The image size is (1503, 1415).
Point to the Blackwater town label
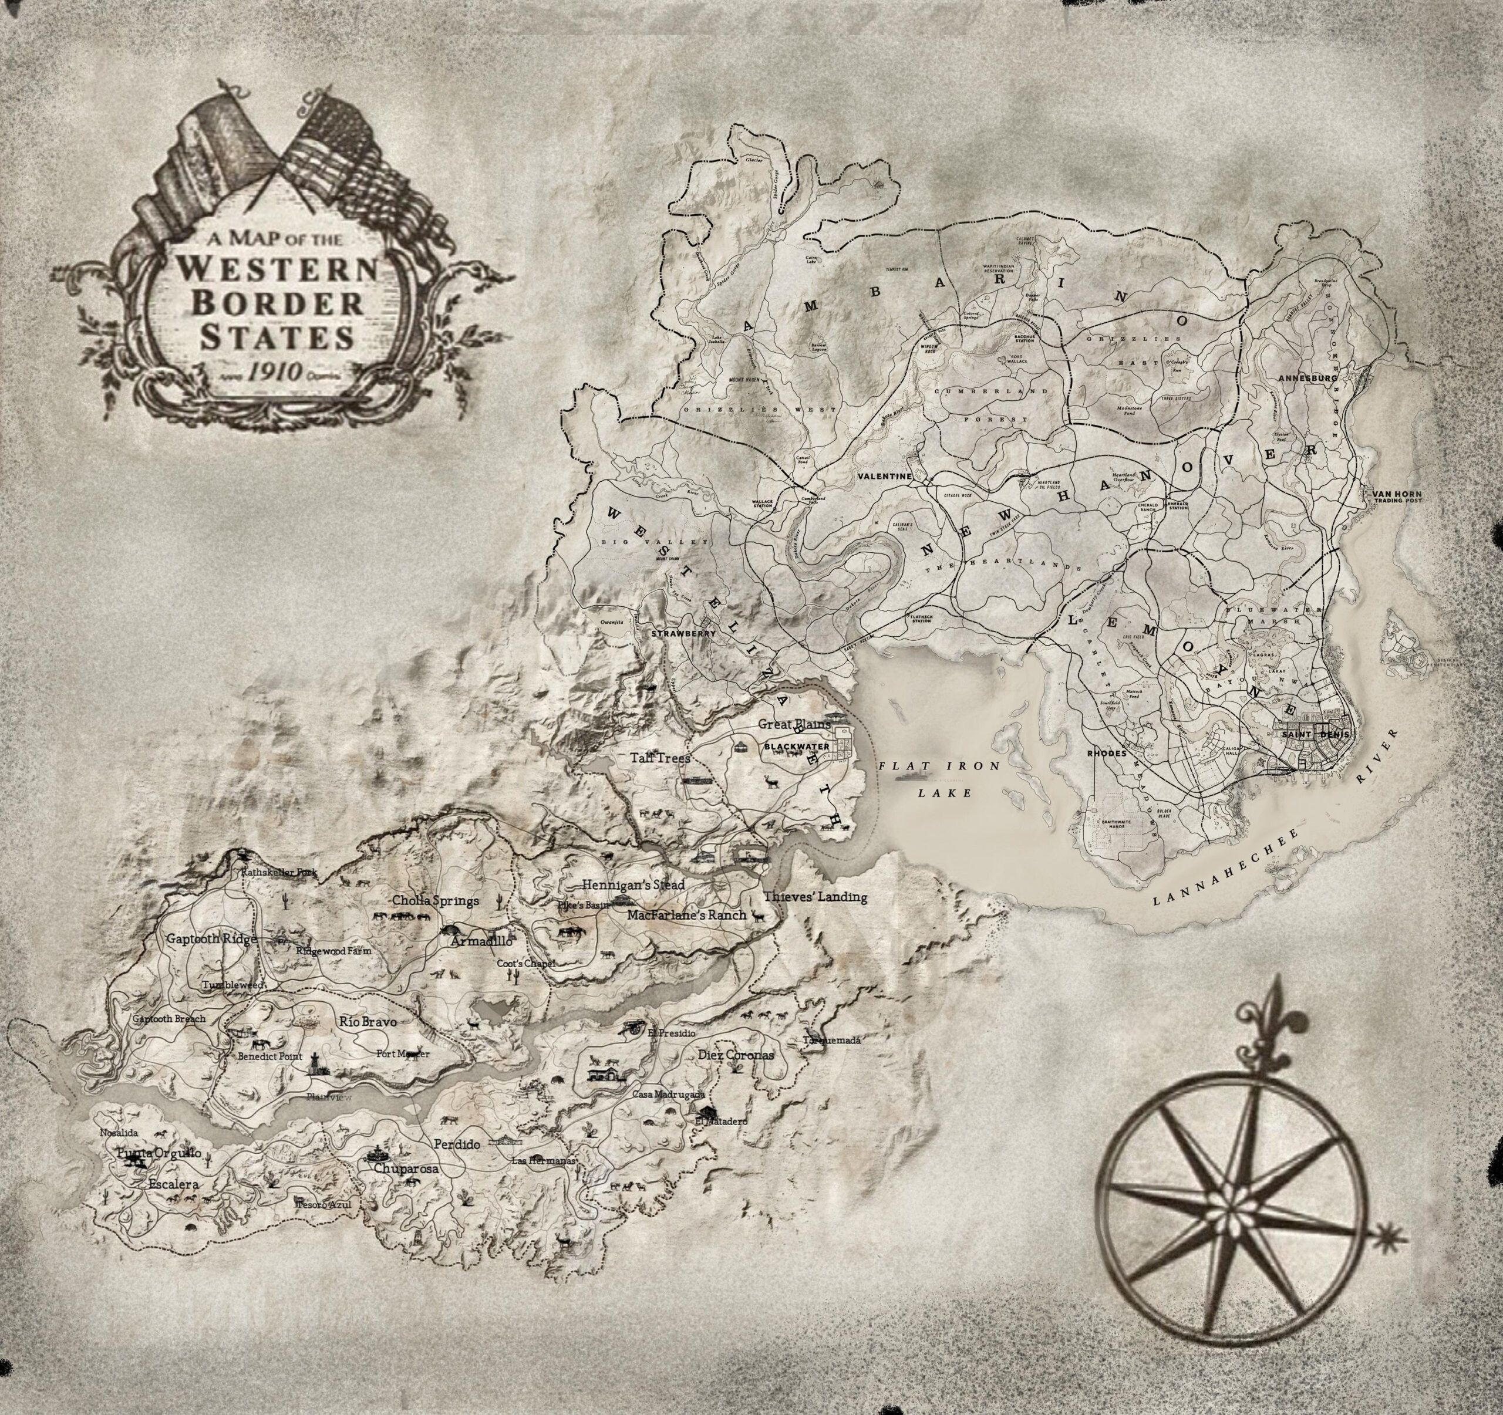click(798, 747)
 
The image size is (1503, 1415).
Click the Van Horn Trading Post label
click(1400, 496)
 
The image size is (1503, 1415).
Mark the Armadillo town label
click(481, 943)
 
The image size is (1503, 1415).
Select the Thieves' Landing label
click(814, 897)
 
